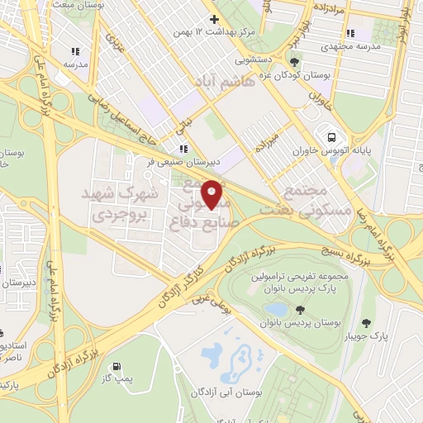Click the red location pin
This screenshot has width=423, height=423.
pos(212,194)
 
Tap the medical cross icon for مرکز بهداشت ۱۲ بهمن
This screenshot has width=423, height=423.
pos(214,18)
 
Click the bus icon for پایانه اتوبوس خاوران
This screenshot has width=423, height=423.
pos(331,137)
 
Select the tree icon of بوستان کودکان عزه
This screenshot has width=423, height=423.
pos(296,59)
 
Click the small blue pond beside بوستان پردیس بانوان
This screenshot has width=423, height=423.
pos(274,309)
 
